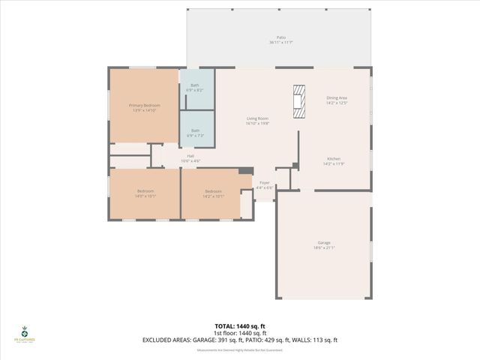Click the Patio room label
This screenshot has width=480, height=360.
pyautogui.click(x=281, y=37)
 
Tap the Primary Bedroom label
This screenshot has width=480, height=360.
pyautogui.click(x=145, y=106)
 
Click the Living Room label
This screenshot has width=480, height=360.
pyautogui.click(x=258, y=118)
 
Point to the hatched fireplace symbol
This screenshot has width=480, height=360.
pyautogui.click(x=299, y=101)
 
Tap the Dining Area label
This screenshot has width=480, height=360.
pyautogui.click(x=337, y=97)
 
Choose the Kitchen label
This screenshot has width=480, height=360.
pyautogui.click(x=334, y=159)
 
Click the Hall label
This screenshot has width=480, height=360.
pyautogui.click(x=181, y=156)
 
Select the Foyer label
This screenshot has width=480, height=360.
pyautogui.click(x=265, y=182)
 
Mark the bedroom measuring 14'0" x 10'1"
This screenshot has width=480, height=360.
pyautogui.click(x=145, y=193)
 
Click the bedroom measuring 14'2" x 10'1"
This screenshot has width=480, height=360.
pyautogui.click(x=214, y=193)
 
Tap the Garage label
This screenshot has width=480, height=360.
pyautogui.click(x=324, y=242)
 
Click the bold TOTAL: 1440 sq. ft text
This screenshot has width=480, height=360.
pyautogui.click(x=240, y=326)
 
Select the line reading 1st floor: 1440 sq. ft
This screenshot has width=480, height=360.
pyautogui.click(x=240, y=333)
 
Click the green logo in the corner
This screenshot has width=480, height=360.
pyautogui.click(x=25, y=335)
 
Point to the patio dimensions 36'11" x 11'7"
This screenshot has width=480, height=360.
pyautogui.click(x=281, y=42)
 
